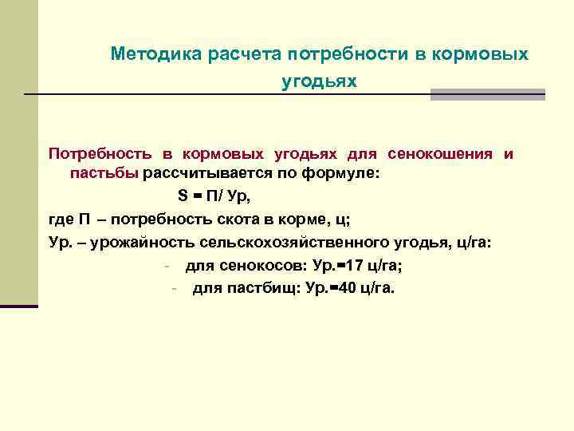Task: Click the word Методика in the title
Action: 155,54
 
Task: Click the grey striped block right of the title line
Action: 487,94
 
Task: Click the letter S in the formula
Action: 182,196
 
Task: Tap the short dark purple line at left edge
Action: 19,306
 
